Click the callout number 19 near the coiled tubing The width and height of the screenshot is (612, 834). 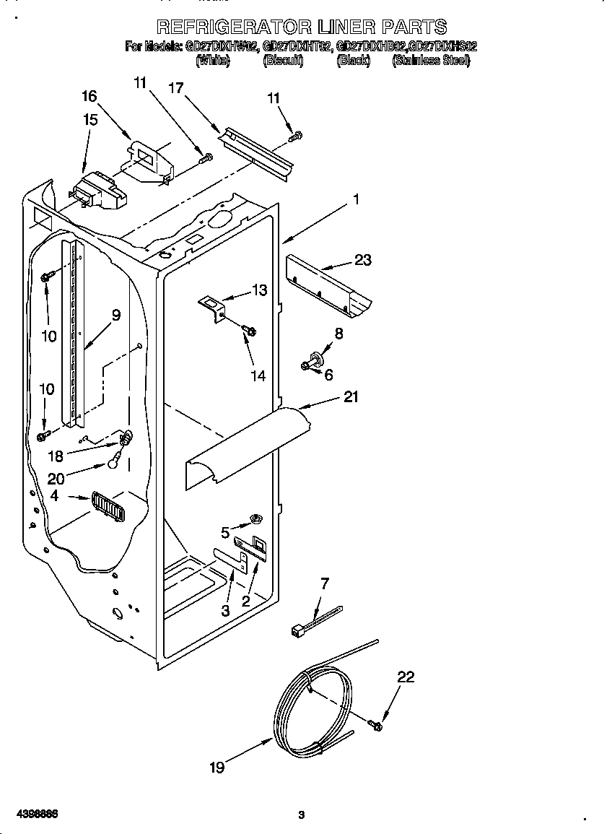coord(217,768)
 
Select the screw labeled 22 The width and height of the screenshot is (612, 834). coord(375,724)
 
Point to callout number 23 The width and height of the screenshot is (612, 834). coord(362,259)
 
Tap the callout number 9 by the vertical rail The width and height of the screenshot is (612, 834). coord(115,315)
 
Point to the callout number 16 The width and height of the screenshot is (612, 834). coord(89,96)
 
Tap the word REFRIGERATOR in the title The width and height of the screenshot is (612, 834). coord(232,27)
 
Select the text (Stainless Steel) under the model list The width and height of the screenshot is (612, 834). coord(431,61)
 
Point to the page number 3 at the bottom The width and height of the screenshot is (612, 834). coord(302,815)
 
